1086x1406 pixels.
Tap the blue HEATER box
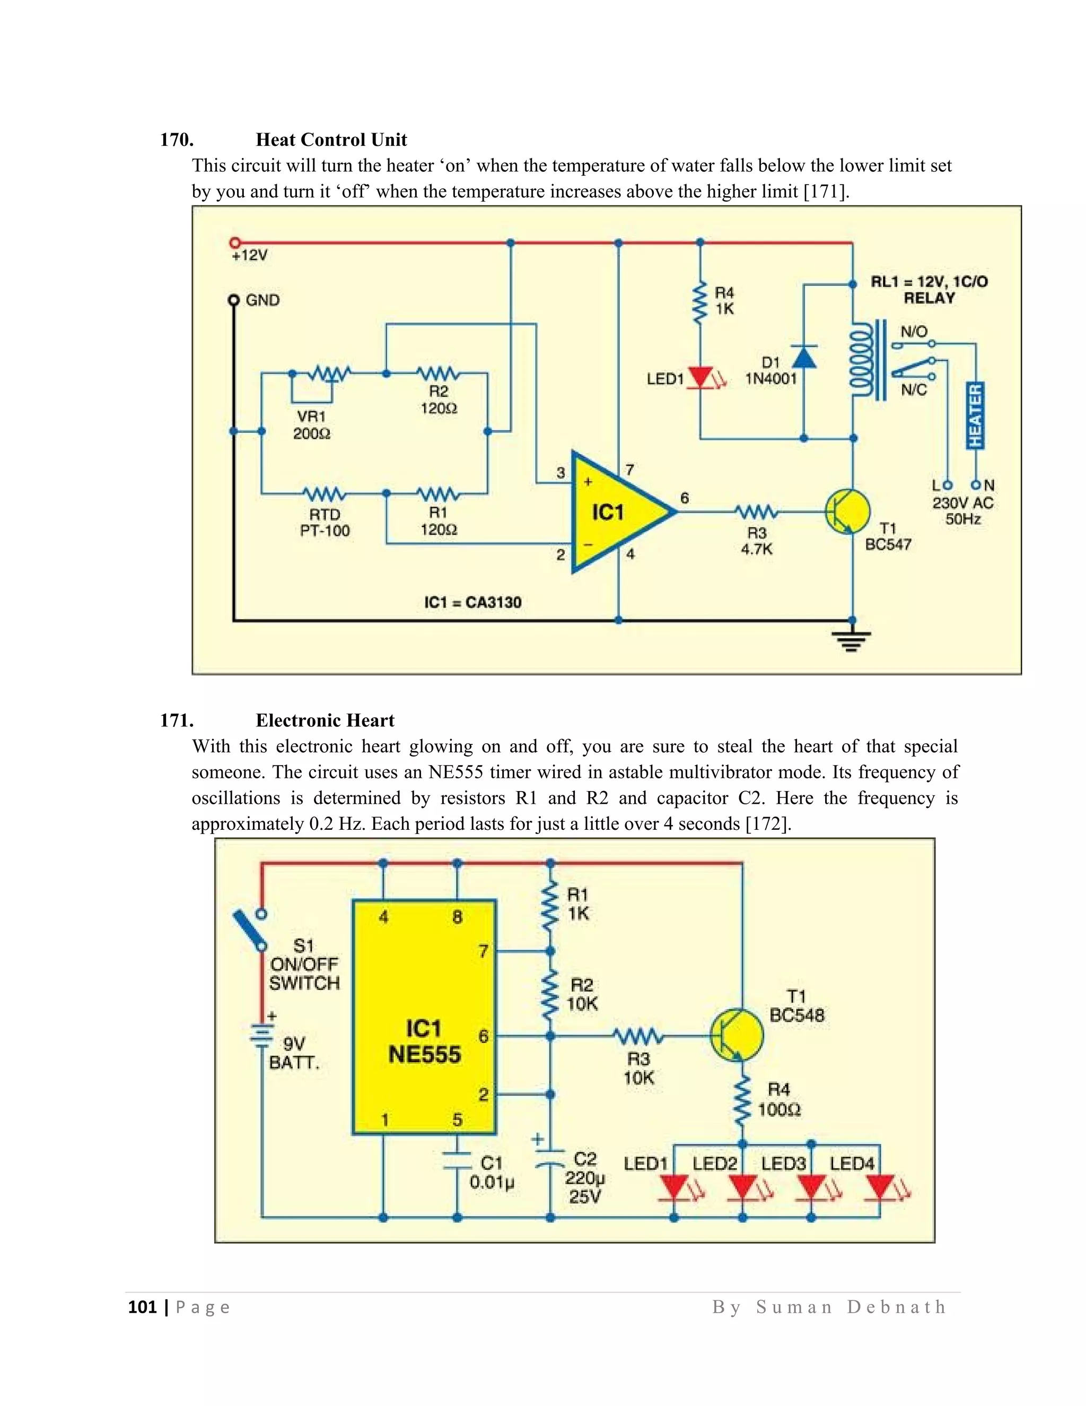click(975, 415)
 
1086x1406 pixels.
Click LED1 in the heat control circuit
click(700, 377)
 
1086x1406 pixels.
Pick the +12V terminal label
click(250, 256)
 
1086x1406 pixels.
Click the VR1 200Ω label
click(311, 425)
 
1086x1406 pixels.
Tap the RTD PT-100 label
click(324, 523)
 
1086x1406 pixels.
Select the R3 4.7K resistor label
click(757, 541)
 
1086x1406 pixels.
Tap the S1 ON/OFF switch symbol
click(250, 930)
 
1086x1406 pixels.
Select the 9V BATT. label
click(293, 1053)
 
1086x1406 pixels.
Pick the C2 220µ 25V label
click(585, 1177)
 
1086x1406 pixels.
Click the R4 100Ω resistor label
click(778, 1099)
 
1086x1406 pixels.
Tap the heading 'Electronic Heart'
click(325, 721)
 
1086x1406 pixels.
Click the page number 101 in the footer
click(142, 1307)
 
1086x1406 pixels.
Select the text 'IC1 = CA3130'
click(473, 603)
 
